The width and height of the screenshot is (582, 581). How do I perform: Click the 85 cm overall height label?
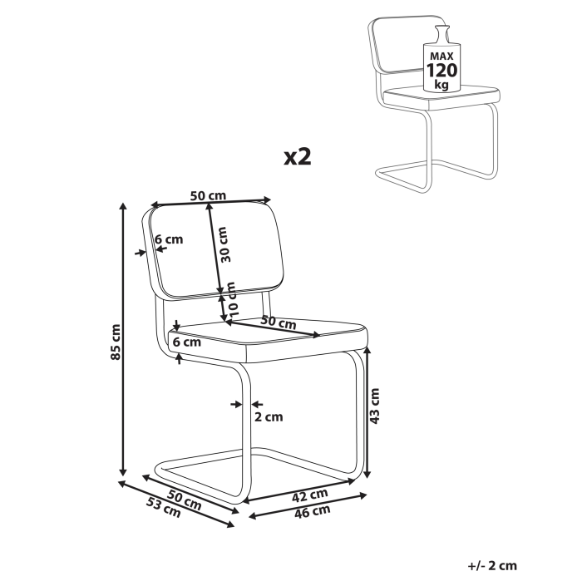click(x=117, y=341)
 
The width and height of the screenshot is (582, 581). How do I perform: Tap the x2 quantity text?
click(x=297, y=157)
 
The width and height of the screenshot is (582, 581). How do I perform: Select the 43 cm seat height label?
click(x=375, y=406)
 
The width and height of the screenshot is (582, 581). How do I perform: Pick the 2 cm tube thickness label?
click(x=268, y=417)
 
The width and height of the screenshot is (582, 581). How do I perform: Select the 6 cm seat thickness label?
click(x=186, y=341)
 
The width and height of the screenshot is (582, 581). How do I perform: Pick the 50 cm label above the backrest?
click(x=208, y=195)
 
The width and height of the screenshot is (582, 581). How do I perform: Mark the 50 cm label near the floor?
click(x=184, y=498)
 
